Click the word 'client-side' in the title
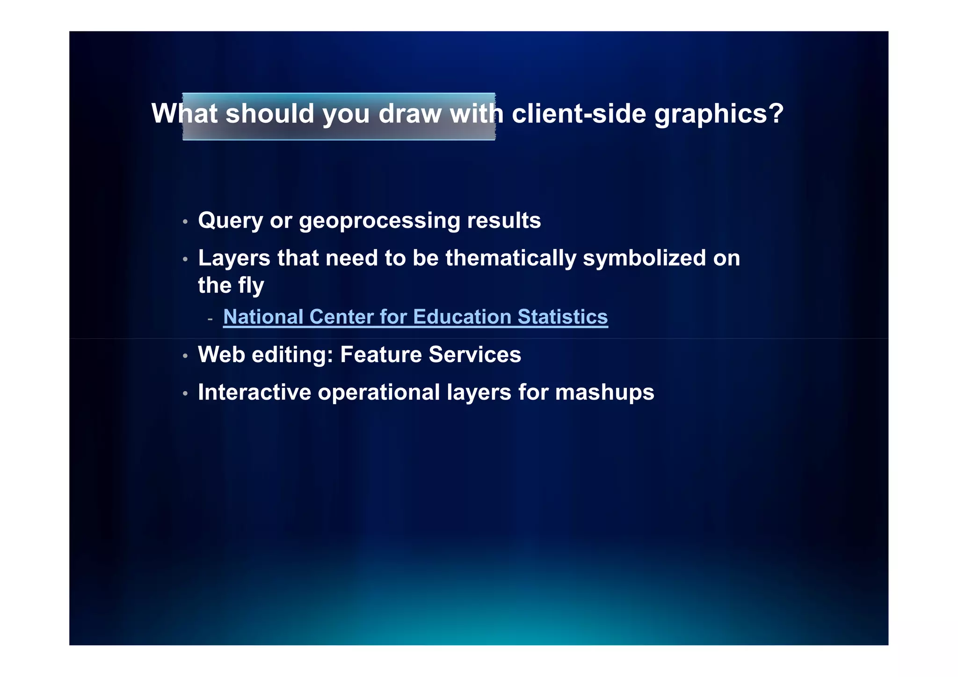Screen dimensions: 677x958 579,114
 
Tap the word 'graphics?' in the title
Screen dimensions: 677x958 718,115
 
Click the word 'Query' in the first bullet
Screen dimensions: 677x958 230,221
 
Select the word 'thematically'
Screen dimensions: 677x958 511,258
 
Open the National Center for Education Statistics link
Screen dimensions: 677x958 415,317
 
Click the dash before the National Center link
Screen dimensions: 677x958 210,319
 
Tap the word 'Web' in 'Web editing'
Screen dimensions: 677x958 221,355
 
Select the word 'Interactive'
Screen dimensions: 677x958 254,392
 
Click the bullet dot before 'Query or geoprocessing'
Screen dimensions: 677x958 185,221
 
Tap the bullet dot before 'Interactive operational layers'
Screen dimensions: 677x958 185,393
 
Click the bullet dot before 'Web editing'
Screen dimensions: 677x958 185,356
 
